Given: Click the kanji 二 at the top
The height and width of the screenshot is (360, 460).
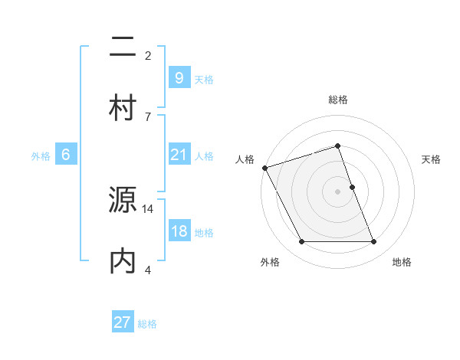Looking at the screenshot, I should (123, 51).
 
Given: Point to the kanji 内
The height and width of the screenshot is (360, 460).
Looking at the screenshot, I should (123, 261).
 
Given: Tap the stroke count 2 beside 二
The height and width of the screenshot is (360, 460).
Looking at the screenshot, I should (148, 56).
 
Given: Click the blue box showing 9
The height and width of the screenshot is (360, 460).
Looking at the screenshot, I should (179, 77).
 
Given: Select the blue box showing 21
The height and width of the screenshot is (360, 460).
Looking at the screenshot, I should (179, 155).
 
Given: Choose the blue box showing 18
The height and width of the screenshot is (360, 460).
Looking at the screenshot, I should (179, 231).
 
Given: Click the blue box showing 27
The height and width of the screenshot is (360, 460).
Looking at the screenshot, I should (122, 322).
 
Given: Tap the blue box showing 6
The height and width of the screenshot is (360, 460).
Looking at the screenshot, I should (66, 155).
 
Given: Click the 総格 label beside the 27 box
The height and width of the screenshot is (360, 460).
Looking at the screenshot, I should (147, 324).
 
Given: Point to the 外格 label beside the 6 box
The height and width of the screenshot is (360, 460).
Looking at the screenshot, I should (41, 156).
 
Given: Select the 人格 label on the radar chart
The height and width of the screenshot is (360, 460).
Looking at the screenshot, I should (245, 159).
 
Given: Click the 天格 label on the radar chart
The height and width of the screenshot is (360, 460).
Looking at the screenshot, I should (431, 159).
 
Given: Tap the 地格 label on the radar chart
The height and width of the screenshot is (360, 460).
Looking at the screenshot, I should (402, 262).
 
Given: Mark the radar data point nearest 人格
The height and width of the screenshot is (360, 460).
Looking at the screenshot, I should (264, 168).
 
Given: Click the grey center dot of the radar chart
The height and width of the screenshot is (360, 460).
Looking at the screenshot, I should (337, 191).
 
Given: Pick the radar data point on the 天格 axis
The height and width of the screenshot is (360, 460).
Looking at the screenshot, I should (352, 187).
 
